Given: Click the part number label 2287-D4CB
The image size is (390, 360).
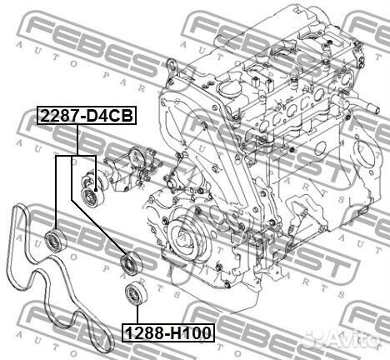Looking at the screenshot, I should (x=85, y=116).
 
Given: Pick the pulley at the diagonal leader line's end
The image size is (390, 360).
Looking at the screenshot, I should (x=130, y=264).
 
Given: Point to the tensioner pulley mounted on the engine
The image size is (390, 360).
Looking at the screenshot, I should (x=88, y=197).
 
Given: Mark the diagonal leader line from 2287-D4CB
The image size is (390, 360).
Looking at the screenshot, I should (x=100, y=208).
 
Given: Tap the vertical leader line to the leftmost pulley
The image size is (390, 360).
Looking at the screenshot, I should (x=56, y=192).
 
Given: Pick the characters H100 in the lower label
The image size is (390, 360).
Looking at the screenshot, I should (x=190, y=333).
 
